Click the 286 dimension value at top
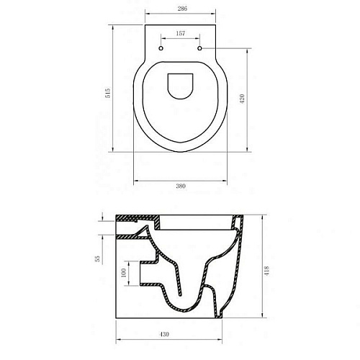click(x=182, y=9)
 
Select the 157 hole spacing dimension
click(x=181, y=33)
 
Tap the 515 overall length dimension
click(x=108, y=93)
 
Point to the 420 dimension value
click(x=242, y=99)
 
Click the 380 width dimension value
click(x=181, y=186)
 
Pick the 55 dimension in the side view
click(x=97, y=258)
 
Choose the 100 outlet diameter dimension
click(x=124, y=273)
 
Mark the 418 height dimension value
click(x=267, y=271)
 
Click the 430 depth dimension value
click(x=164, y=334)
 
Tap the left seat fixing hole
click(x=161, y=48)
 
